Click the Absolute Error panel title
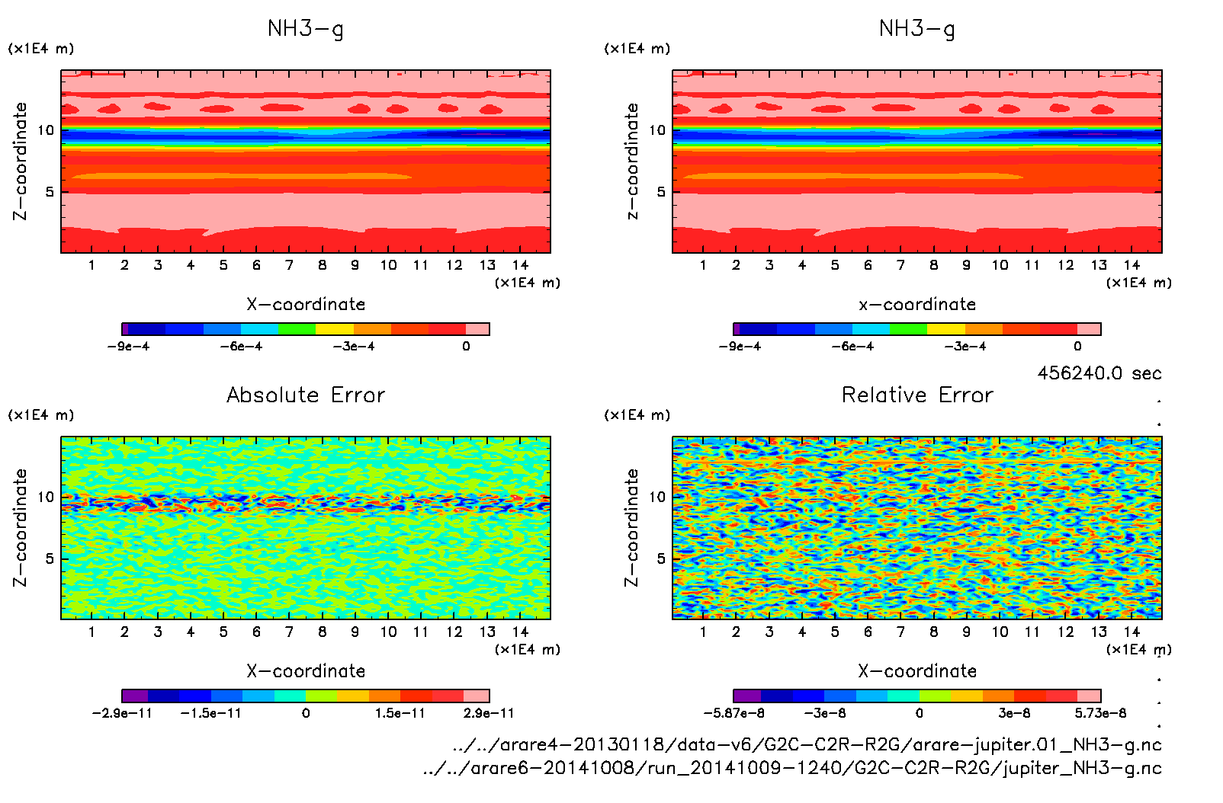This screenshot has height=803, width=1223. tap(306, 395)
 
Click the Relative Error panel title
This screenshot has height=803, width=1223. tap(917, 395)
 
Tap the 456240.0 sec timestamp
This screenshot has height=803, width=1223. tap(1099, 373)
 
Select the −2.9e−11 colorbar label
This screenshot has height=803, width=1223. tap(121, 713)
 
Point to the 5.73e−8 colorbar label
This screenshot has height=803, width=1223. tap(1100, 713)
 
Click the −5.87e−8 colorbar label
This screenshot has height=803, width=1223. tap(733, 713)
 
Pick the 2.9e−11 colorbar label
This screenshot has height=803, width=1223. tap(489, 713)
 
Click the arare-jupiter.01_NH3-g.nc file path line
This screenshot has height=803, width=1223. tap(807, 744)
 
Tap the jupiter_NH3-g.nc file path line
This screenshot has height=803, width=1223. tap(792, 768)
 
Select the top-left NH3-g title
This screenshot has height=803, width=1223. tap(306, 29)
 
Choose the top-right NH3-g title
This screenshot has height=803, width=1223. tap(917, 29)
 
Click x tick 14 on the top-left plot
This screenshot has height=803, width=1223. tap(520, 265)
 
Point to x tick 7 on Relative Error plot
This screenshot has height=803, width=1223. tap(900, 632)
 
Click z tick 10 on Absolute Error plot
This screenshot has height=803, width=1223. tap(47, 497)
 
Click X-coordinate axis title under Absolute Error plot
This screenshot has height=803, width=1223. tap(306, 671)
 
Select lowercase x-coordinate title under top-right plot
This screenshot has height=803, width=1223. tap(917, 305)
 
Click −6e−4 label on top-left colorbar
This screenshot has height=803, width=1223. tap(241, 347)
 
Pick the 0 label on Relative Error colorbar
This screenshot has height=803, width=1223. tap(920, 713)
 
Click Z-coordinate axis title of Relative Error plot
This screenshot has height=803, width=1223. tap(631, 527)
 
